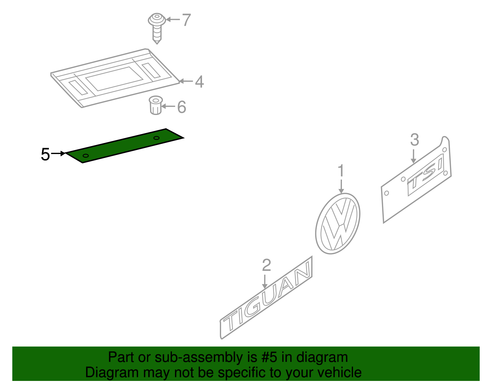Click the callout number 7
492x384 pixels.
tap(186, 20)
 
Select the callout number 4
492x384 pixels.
tap(199, 82)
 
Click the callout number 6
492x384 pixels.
tap(182, 107)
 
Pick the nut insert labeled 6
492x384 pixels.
tap(156, 105)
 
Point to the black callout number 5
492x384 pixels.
tap(45, 154)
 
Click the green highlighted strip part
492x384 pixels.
tap(123, 146)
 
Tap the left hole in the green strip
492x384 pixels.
tap(86, 156)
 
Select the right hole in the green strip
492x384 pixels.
tap(157, 138)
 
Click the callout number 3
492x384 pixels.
tap(415, 140)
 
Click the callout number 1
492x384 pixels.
tap(341, 171)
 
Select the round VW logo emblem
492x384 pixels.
tap(338, 224)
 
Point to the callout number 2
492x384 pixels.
tap(266, 265)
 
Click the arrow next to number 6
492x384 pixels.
tap(168, 106)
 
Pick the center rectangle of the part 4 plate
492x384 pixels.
tap(114, 79)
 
